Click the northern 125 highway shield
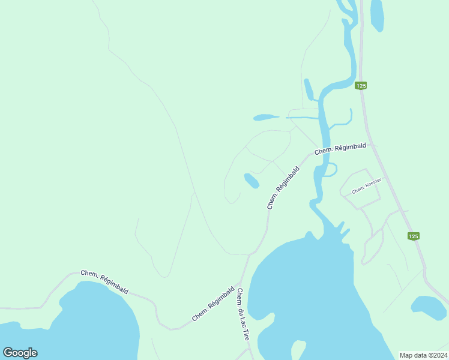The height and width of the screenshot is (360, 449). tap(360, 86)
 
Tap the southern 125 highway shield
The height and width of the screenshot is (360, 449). tap(413, 236)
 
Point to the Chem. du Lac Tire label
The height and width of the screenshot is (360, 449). tap(243, 314)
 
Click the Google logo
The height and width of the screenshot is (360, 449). tap(20, 353)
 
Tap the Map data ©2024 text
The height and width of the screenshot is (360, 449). tap(423, 355)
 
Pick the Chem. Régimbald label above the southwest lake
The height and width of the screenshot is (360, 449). tap(104, 281)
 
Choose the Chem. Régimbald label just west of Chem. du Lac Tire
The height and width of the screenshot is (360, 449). tap(213, 303)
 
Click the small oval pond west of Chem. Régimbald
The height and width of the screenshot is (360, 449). tap(251, 180)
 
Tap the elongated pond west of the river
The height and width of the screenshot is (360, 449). tap(266, 118)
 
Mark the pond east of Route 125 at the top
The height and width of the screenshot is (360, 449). tap(377, 15)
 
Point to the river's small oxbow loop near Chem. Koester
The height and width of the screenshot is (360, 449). tap(329, 169)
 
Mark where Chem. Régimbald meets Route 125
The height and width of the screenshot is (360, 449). tap(373, 143)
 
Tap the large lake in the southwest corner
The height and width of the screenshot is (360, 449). tap(78, 324)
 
